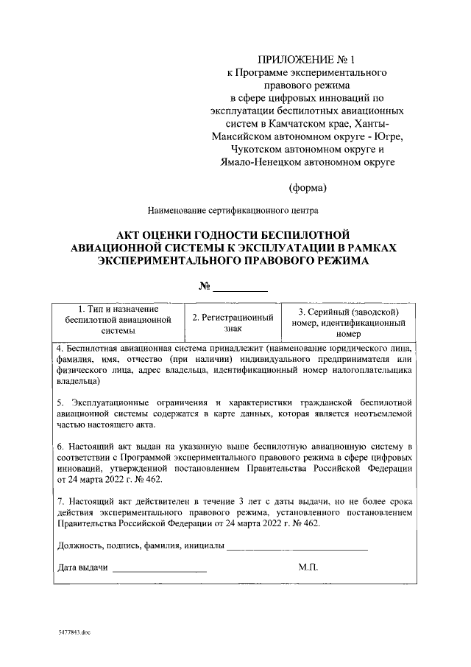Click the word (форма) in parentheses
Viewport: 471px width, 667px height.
pyautogui.click(x=307, y=187)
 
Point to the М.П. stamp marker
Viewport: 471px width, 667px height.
pyautogui.click(x=307, y=568)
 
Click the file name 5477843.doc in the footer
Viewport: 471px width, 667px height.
pyautogui.click(x=74, y=632)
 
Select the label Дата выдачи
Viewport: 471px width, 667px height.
pyautogui.click(x=82, y=568)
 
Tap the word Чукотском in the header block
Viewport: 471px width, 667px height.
pyautogui.click(x=252, y=148)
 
